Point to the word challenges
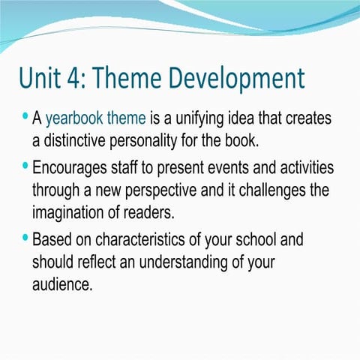(x=280, y=189)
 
